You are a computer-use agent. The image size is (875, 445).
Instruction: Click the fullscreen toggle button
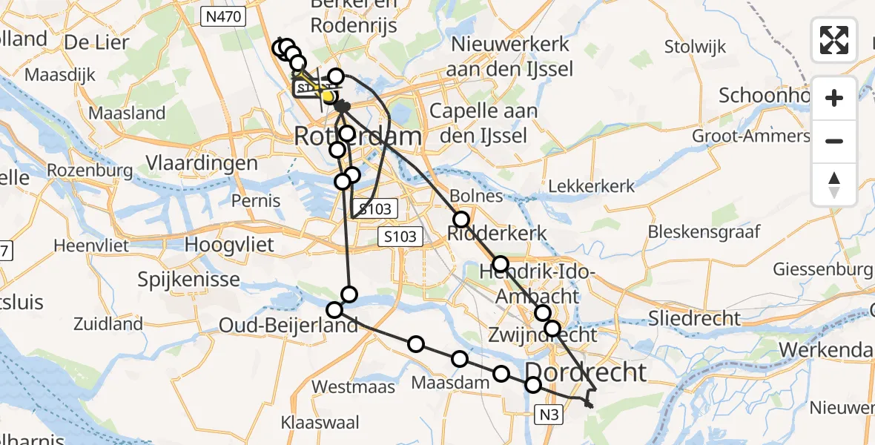834,40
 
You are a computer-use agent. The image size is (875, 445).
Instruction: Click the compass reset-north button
834,185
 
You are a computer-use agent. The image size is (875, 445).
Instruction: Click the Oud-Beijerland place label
288,325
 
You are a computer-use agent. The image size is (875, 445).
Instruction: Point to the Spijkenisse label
188,280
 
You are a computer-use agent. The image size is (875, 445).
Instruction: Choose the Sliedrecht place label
694,319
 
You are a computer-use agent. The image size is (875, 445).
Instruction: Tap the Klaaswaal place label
320,423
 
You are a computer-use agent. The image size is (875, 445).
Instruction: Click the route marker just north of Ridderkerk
461,219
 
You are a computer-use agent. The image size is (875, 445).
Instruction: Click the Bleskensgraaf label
704,231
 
